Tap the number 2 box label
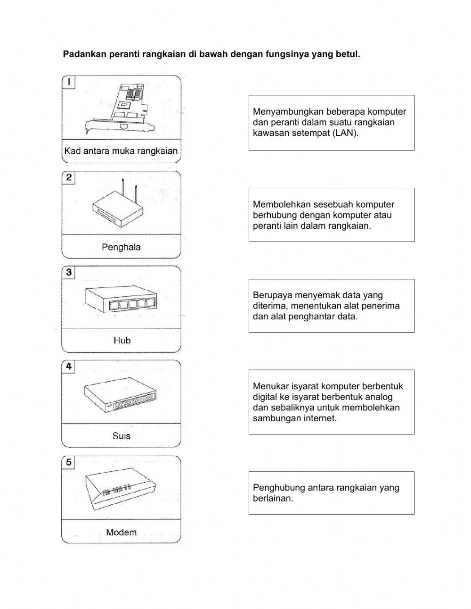[x=69, y=177]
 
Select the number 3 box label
[x=69, y=272]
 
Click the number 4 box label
[x=69, y=366]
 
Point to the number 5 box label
[x=69, y=462]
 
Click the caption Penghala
[x=121, y=247]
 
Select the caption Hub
[x=122, y=340]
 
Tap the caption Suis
[x=121, y=436]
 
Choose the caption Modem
[x=121, y=532]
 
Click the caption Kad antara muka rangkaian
[x=121, y=151]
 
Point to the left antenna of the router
[x=122, y=186]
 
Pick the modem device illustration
[x=121, y=491]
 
